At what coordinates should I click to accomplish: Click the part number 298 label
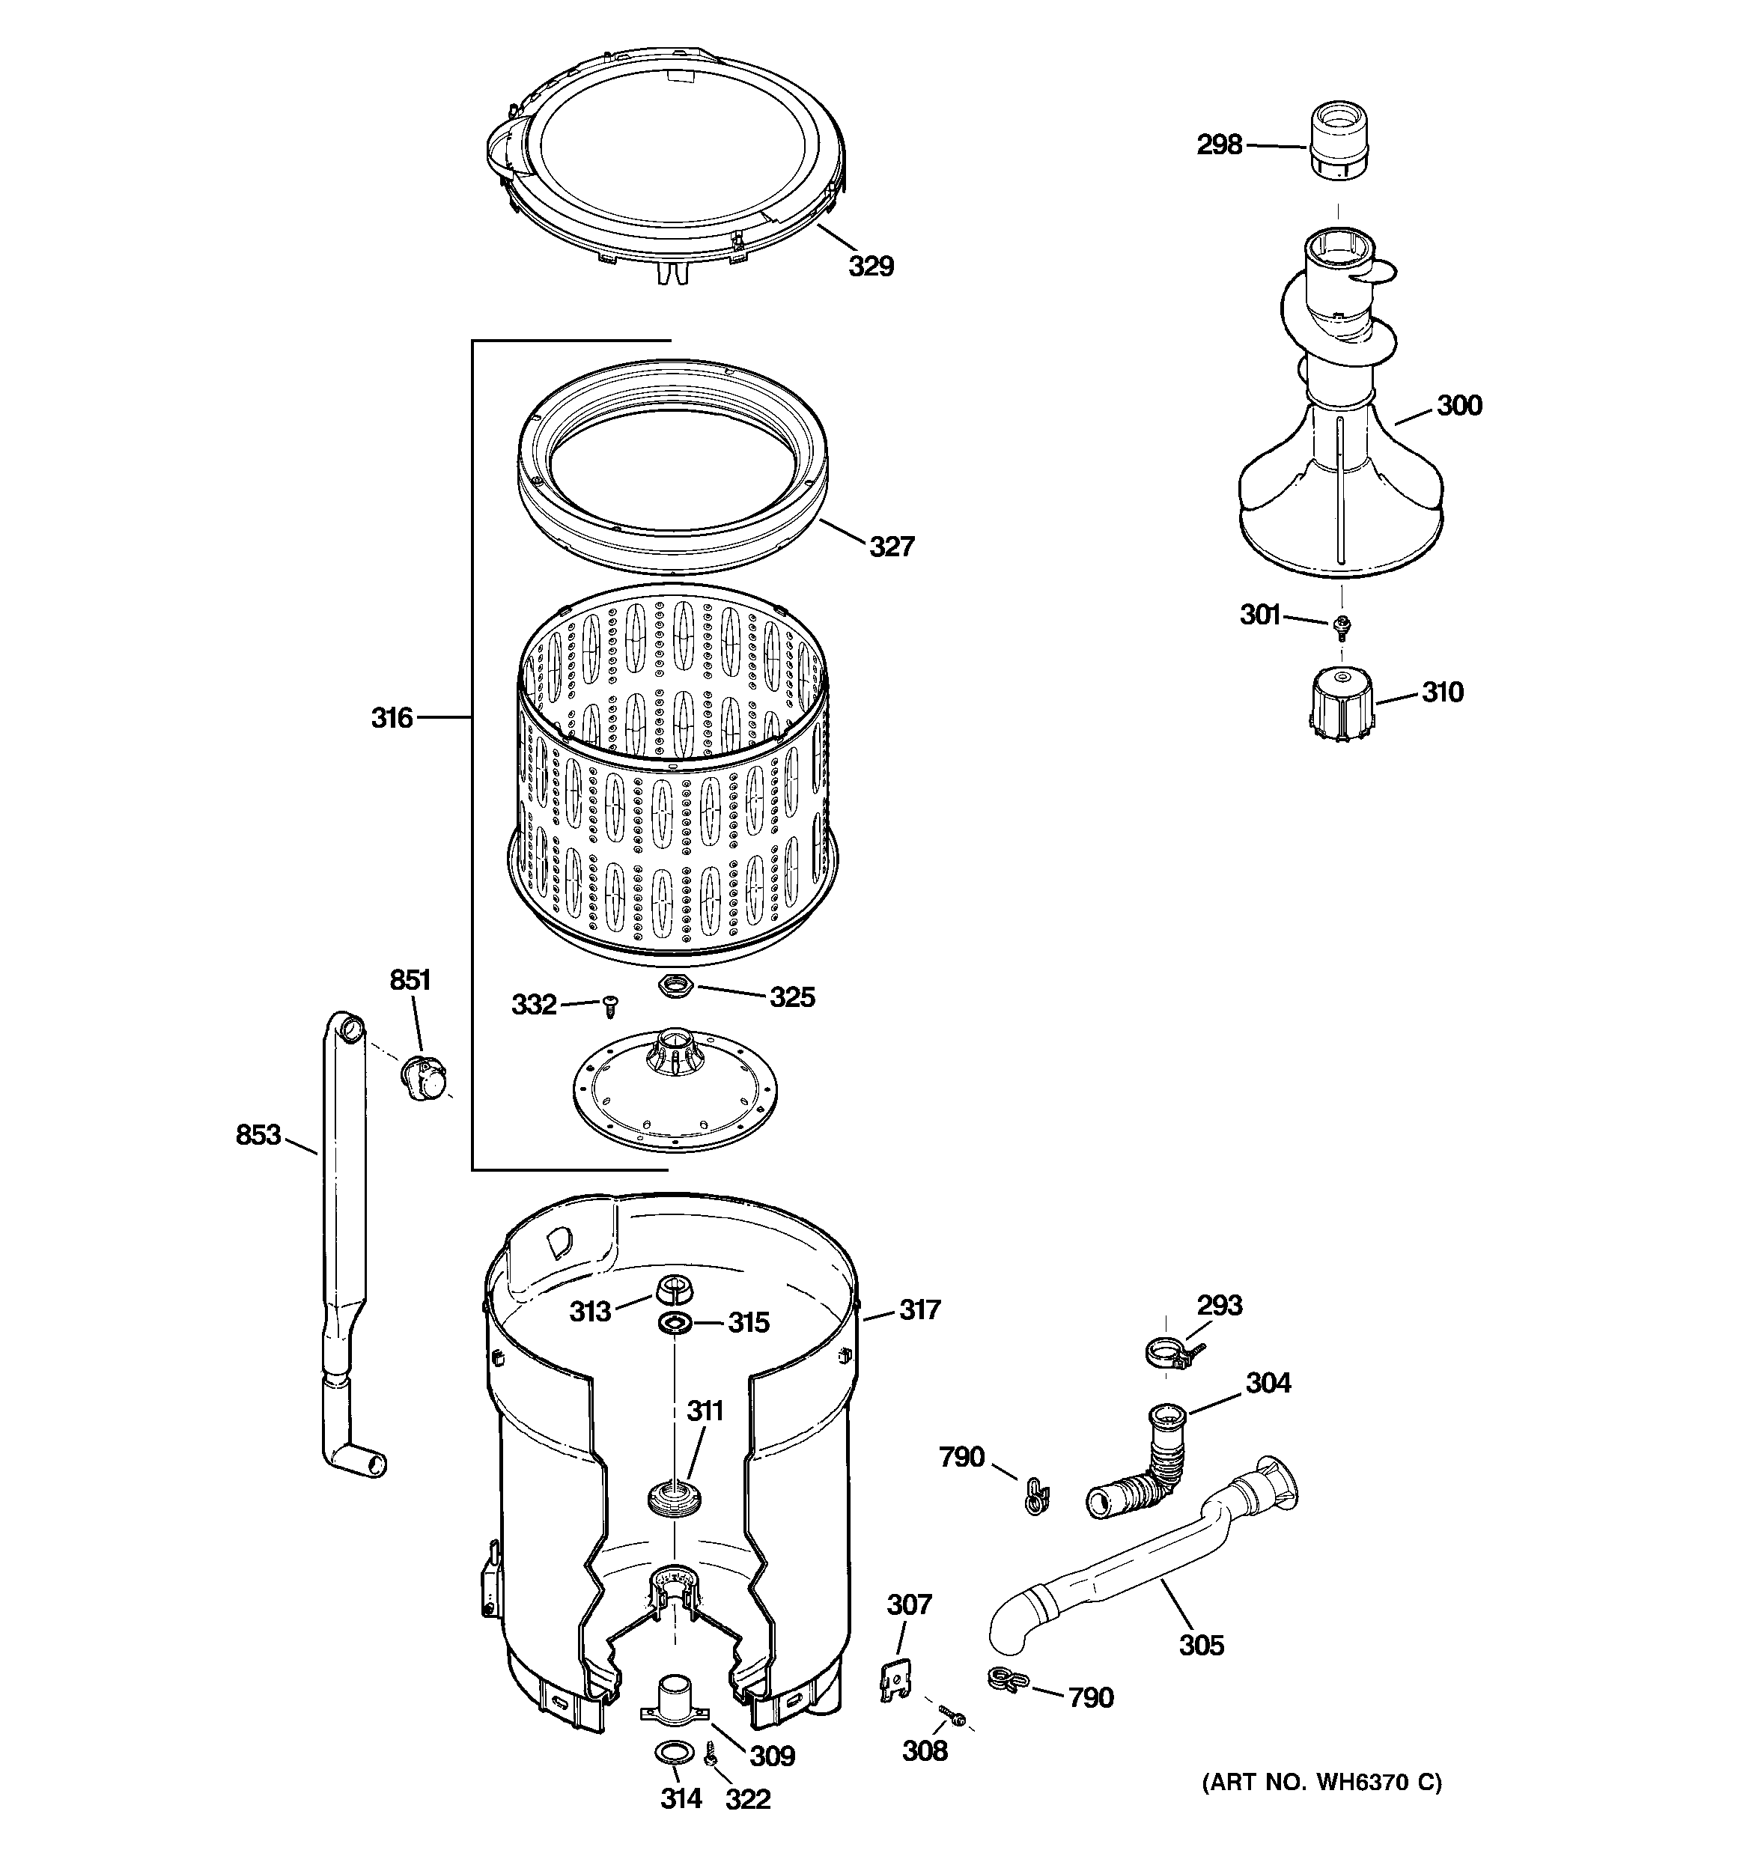point(1220,145)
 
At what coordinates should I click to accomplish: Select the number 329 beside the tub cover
point(871,267)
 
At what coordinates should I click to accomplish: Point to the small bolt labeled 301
point(1342,627)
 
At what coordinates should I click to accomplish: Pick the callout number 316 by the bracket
point(392,718)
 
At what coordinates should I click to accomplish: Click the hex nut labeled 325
point(673,985)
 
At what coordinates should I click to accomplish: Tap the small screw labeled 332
point(611,1005)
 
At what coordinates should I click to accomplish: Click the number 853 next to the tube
point(258,1135)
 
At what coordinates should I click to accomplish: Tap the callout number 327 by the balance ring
point(892,547)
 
